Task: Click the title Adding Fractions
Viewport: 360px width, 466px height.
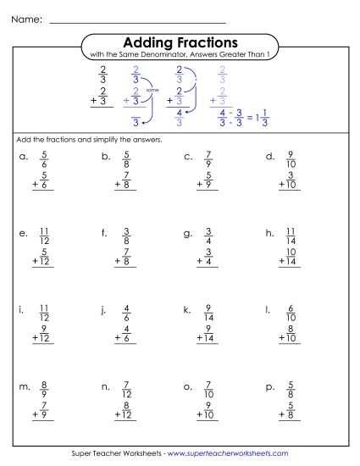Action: [x=180, y=42]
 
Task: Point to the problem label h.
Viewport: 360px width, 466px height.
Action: [x=269, y=231]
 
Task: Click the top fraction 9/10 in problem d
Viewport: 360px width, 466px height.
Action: [x=291, y=160]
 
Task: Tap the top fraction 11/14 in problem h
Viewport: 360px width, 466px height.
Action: [x=291, y=235]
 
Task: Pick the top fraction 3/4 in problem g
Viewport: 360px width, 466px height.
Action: [x=208, y=235]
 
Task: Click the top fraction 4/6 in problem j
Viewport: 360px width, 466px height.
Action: [x=126, y=313]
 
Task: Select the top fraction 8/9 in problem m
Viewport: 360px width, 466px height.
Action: [x=44, y=390]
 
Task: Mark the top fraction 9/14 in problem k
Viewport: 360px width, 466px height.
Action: [x=208, y=313]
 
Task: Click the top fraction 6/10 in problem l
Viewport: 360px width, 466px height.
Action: [x=291, y=313]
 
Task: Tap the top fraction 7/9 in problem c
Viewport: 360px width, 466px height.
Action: [x=208, y=160]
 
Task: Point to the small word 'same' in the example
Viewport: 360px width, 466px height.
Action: [x=152, y=89]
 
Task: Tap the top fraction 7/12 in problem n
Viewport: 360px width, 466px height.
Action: [x=126, y=390]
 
